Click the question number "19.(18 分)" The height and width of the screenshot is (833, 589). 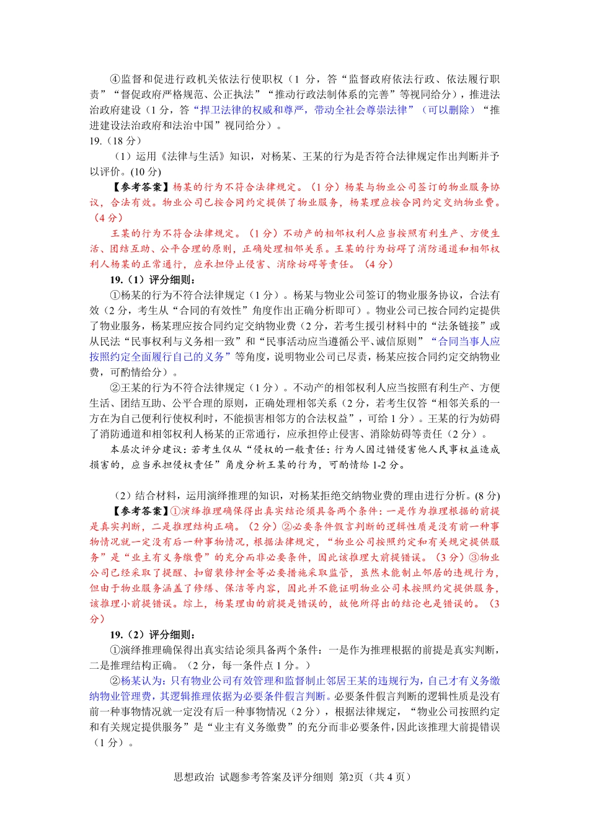point(115,141)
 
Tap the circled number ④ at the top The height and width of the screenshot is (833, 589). point(115,79)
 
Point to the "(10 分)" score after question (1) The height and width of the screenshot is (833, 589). point(146,172)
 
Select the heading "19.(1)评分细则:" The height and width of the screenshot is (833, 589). point(153,280)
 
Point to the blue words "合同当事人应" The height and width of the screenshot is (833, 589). point(469,342)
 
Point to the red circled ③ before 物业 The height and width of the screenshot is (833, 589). point(474,557)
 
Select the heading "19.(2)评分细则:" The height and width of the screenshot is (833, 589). point(153,635)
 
